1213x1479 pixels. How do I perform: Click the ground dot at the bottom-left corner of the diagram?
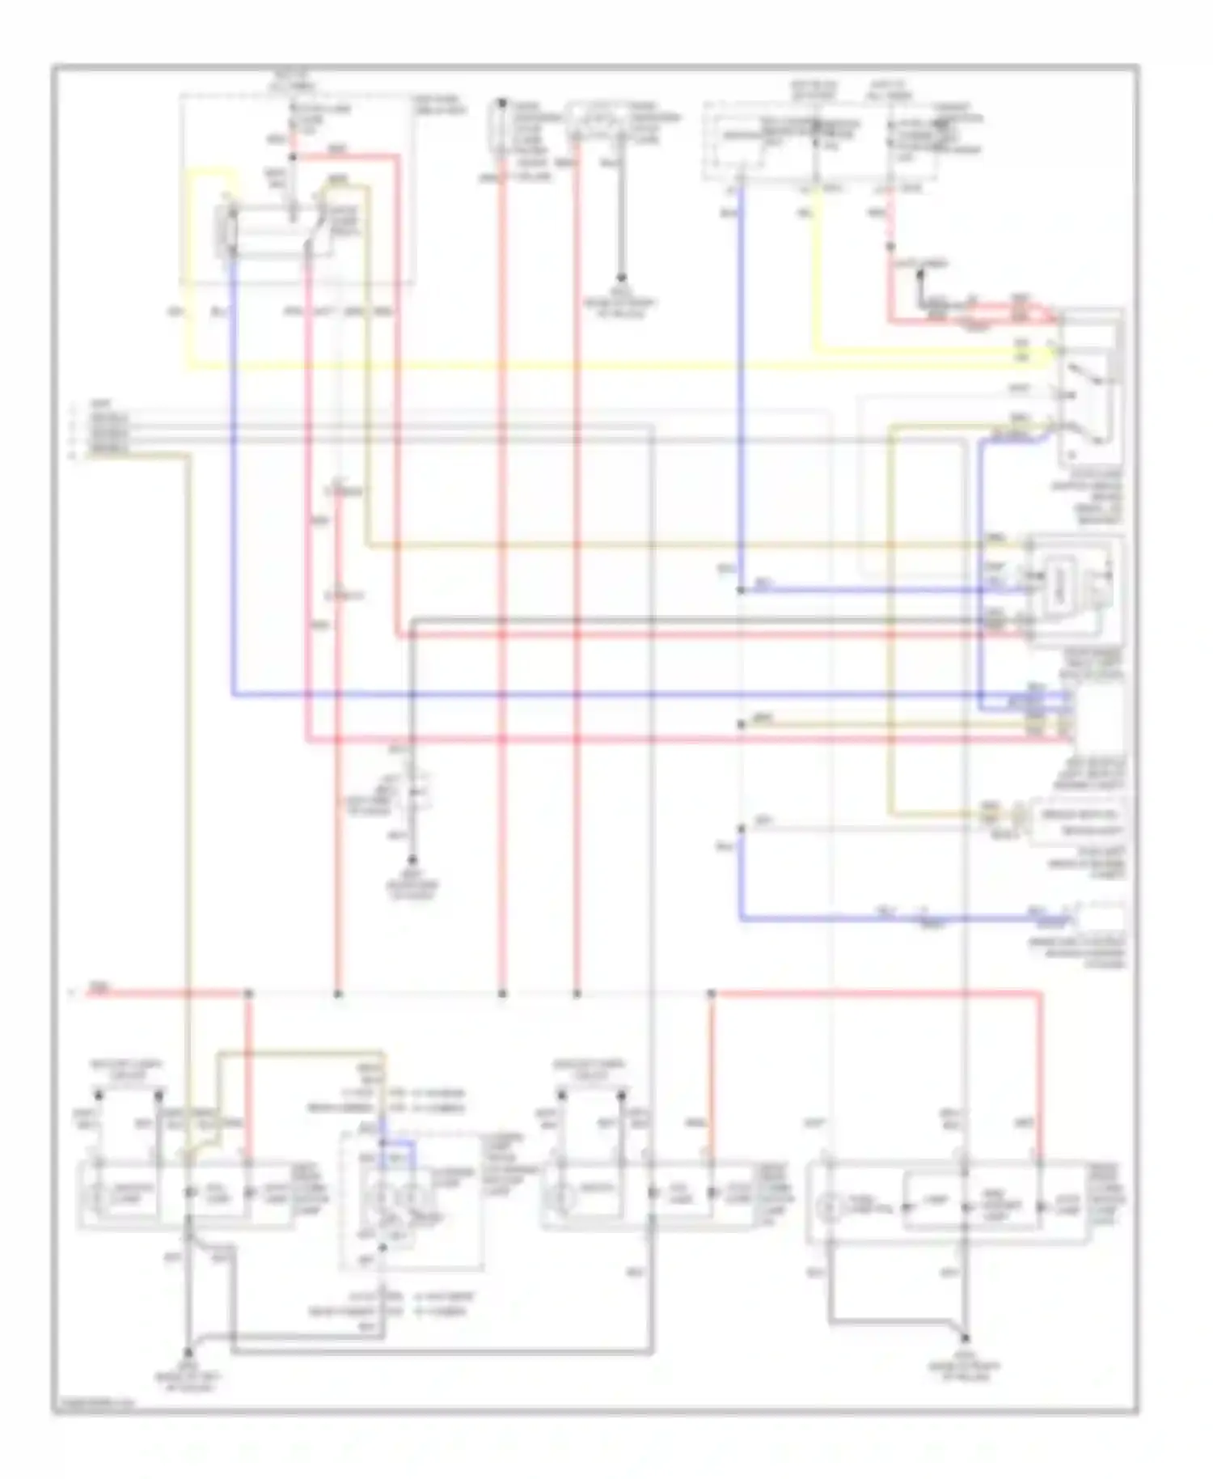[188, 1352]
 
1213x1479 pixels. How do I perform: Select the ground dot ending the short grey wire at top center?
[622, 278]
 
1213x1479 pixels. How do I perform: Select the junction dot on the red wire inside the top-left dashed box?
[293, 156]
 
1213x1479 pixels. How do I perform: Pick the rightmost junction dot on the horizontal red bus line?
[711, 993]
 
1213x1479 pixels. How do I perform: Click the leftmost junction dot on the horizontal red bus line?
[248, 993]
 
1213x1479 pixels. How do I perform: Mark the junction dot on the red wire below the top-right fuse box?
[890, 245]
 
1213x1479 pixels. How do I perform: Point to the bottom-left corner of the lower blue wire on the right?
[740, 919]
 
